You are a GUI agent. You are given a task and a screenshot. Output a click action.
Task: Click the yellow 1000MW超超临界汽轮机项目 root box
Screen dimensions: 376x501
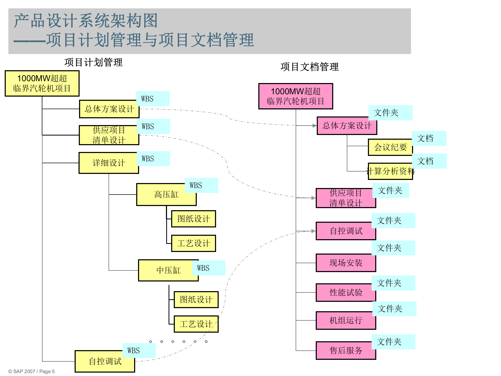point(42,83)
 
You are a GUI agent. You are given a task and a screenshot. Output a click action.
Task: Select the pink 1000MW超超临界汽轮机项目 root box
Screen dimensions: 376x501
point(295,96)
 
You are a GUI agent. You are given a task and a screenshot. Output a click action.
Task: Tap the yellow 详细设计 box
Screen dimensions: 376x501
point(109,163)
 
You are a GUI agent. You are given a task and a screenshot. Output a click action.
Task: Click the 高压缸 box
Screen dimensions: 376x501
point(166,195)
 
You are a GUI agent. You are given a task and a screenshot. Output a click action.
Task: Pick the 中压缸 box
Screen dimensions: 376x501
point(168,270)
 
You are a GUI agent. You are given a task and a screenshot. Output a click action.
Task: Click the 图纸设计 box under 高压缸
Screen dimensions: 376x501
point(193,219)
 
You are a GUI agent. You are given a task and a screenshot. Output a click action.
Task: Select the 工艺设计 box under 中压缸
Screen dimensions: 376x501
point(196,324)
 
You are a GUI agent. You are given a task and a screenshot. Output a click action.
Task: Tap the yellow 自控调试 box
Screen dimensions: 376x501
point(105,361)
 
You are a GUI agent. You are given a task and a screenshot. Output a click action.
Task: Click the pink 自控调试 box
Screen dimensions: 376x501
point(346,231)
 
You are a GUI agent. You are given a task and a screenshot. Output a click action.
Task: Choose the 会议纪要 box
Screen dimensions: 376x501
point(390,147)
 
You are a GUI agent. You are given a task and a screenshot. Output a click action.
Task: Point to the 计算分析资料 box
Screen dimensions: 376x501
point(390,171)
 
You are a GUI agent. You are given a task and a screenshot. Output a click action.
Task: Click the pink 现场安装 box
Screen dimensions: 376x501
point(346,263)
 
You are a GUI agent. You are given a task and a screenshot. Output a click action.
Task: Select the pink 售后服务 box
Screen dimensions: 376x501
point(346,350)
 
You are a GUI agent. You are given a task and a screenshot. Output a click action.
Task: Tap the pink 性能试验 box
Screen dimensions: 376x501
point(346,292)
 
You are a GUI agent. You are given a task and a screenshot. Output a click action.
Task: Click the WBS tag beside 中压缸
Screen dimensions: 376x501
point(208,268)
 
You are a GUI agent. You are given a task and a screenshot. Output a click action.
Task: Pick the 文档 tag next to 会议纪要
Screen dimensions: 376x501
point(429,138)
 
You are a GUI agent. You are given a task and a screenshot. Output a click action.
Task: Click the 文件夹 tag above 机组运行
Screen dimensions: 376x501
point(394,309)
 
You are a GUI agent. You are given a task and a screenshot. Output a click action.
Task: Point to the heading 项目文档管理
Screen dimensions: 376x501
point(309,67)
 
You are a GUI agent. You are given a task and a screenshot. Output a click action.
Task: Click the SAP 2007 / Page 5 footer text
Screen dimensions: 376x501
point(31,371)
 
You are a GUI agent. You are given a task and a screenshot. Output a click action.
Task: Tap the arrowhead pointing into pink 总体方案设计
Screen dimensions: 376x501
point(314,126)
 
